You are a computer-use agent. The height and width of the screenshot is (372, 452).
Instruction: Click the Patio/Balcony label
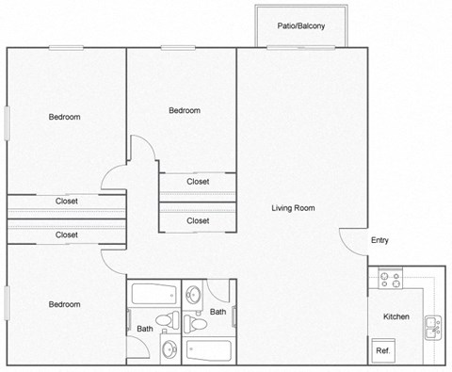coord(301,26)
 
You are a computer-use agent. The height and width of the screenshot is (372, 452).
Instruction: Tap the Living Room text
coord(293,208)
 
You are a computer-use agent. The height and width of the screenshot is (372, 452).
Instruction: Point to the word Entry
coord(379,240)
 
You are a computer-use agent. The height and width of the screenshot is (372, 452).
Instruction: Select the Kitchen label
coord(395,316)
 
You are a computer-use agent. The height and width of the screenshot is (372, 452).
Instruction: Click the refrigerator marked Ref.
coord(383,351)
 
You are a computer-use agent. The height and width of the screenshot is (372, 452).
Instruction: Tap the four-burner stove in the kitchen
coord(391,279)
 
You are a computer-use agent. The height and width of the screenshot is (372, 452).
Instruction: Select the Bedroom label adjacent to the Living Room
coord(185,110)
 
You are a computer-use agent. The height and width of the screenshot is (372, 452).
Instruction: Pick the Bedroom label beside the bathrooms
coord(65,304)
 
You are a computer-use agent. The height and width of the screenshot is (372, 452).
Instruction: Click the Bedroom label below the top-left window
coord(65,117)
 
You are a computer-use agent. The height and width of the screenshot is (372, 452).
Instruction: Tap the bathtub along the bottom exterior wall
coord(208,351)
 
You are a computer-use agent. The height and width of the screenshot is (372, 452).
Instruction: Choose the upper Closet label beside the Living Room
coord(198,182)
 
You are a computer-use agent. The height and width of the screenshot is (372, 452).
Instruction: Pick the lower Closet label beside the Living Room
coord(198,220)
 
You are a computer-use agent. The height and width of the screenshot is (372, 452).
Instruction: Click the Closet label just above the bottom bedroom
coord(66,235)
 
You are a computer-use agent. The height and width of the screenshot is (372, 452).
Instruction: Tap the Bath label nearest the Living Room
coord(218,312)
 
